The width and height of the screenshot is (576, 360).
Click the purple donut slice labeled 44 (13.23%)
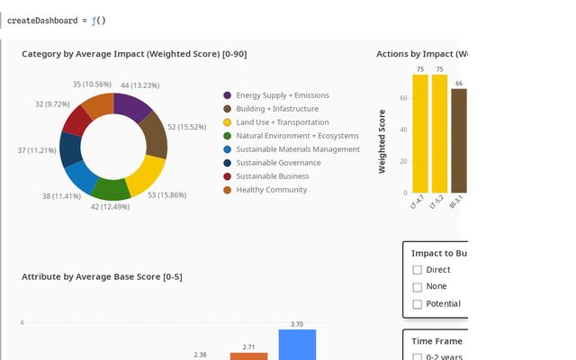[131, 107]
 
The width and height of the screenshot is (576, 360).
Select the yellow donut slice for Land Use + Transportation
[148, 175]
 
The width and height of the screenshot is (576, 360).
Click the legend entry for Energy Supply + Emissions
[282, 95]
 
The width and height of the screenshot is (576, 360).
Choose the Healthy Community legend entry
[271, 190]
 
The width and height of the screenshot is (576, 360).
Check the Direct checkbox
[417, 270]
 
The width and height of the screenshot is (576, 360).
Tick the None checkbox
[417, 287]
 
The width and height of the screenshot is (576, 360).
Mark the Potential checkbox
[417, 304]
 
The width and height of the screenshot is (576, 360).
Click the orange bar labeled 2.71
[248, 355]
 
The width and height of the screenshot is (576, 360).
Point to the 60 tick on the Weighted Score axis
[403, 97]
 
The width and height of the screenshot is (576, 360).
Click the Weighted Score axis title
[382, 141]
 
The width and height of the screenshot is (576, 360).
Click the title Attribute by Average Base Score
[102, 276]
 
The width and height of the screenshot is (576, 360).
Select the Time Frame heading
[436, 341]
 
